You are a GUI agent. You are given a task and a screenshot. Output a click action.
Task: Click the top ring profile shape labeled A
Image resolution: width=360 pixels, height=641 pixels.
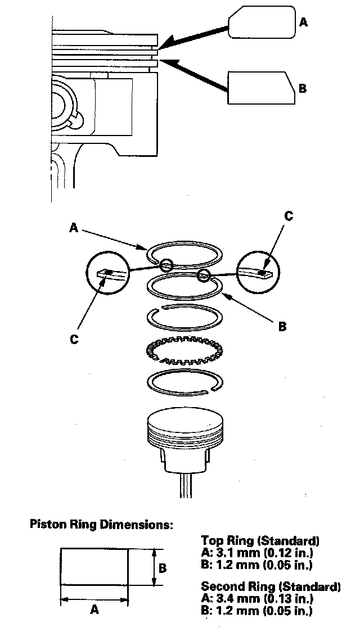(262, 22)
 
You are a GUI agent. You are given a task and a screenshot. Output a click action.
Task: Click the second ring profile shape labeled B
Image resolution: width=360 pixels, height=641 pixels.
(260, 88)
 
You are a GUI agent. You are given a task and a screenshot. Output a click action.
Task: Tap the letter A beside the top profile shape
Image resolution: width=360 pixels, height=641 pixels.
(304, 22)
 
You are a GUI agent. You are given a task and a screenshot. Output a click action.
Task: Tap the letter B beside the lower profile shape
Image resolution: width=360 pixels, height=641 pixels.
(302, 88)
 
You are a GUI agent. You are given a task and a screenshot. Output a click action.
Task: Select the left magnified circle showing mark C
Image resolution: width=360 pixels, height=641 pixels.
(107, 272)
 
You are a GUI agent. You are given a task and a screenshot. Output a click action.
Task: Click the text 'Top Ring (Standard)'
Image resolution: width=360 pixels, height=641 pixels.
(260, 541)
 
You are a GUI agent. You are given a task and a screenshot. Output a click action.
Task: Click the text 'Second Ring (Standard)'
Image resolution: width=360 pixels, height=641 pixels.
(271, 586)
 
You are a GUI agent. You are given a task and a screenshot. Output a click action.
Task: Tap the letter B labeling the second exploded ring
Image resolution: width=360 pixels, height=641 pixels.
(282, 326)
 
